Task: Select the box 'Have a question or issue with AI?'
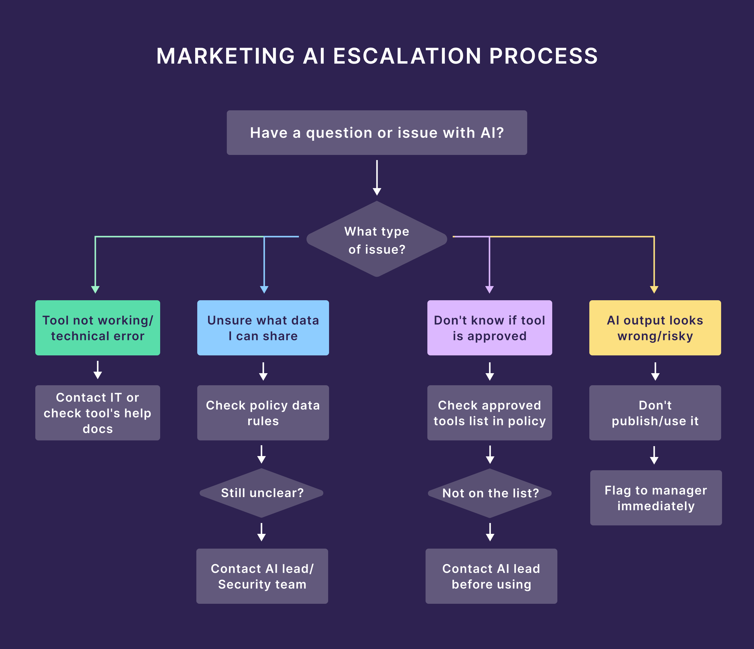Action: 377,133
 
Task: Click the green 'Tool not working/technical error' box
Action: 97,328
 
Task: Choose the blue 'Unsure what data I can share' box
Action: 263,328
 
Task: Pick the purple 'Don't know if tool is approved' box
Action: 489,328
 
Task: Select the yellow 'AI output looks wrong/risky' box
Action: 655,328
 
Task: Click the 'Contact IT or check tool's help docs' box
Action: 97,413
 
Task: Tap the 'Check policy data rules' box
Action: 263,413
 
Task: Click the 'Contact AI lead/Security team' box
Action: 262,576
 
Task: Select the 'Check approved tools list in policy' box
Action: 489,413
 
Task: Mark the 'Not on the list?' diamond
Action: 490,493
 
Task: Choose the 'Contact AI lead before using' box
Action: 491,576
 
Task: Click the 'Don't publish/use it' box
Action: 655,413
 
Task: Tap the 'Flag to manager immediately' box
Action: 656,498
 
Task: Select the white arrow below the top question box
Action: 377,178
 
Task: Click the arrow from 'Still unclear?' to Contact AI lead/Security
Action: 261,533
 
